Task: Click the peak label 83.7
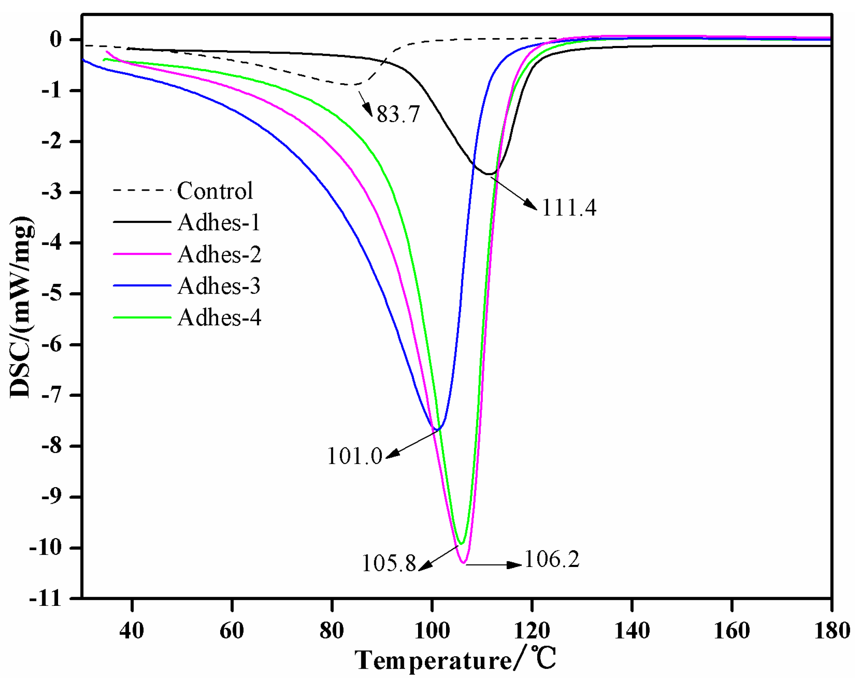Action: coord(398,114)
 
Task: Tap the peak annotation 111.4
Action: coord(569,208)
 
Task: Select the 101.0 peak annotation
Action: coord(355,456)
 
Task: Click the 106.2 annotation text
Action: coord(552,559)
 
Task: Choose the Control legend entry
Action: coord(215,191)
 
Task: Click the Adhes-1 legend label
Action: coord(219,222)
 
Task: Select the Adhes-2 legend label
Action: coord(219,254)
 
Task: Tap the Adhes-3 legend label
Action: coord(219,286)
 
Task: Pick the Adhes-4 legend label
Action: coord(219,318)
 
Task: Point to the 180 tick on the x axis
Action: coord(832,630)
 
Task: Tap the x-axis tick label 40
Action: coord(132,630)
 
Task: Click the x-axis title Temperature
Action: coord(434,661)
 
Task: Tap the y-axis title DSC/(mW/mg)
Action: coord(21,307)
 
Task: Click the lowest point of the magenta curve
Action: coord(464,563)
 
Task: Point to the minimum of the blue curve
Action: coord(437,429)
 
